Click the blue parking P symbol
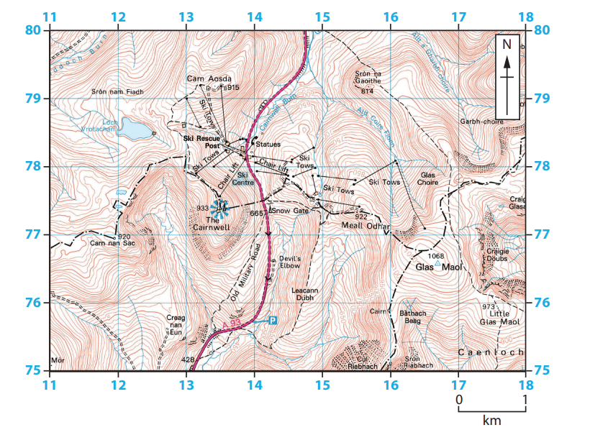(273, 320)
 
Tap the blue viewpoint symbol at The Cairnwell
(220, 209)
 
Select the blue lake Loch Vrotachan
(135, 129)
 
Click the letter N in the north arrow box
(507, 45)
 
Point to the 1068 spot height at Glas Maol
(436, 256)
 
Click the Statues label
(268, 145)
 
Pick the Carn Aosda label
(209, 78)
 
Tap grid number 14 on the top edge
(254, 17)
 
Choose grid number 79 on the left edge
(32, 98)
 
